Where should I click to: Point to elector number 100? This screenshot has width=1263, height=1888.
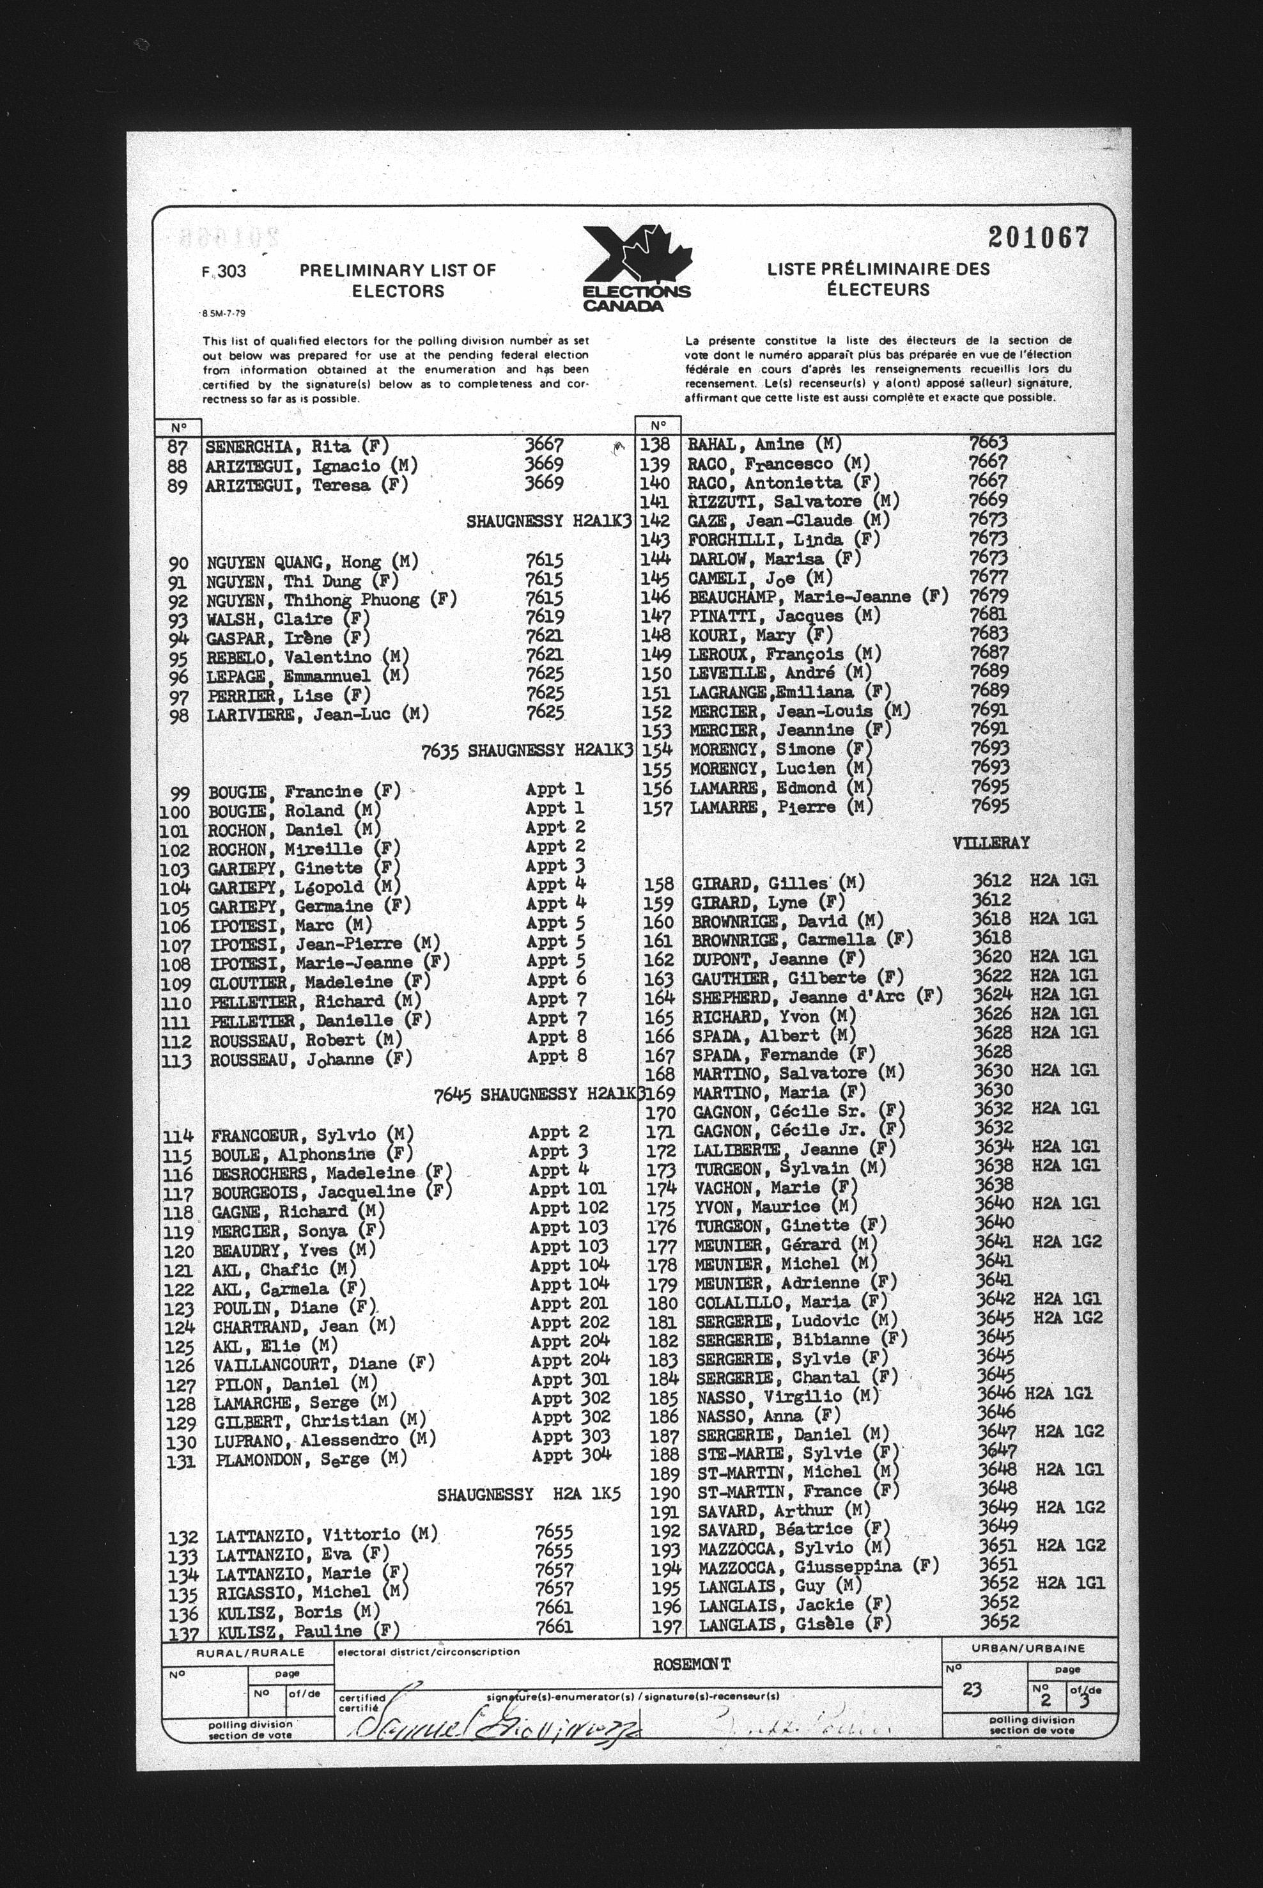tap(176, 812)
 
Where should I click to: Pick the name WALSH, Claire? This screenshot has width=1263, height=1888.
tap(270, 619)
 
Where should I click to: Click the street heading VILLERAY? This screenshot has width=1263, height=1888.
tap(991, 843)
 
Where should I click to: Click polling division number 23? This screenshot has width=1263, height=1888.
tap(972, 1690)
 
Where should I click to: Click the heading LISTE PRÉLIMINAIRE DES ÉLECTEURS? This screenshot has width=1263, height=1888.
tap(878, 279)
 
